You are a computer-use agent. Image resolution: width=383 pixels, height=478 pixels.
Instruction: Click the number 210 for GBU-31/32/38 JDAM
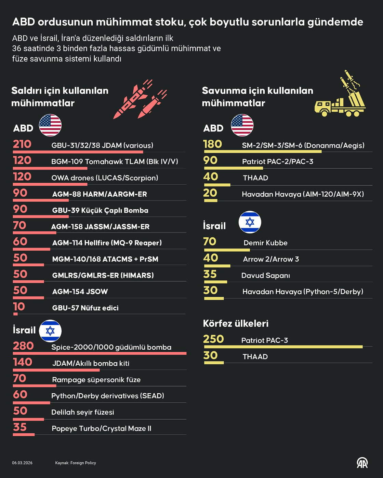[22, 144]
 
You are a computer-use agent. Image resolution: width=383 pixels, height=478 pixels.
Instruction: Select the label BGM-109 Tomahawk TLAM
[115, 161]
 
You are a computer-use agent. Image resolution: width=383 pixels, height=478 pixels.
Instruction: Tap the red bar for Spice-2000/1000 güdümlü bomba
[100, 353]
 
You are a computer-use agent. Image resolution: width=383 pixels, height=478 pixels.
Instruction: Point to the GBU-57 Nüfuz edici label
[85, 308]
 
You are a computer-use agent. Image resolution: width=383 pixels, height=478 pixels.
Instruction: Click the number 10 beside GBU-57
[19, 307]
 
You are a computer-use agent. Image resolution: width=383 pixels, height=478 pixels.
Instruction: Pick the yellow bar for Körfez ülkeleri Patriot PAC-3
[283, 347]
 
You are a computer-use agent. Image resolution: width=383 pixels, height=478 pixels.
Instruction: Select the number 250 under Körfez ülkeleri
[213, 339]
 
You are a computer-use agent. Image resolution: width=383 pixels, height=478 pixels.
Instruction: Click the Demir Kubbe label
[265, 243]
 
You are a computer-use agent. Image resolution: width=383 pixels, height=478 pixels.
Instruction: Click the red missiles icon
[140, 99]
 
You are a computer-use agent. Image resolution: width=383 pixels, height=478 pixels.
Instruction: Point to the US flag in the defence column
[242, 125]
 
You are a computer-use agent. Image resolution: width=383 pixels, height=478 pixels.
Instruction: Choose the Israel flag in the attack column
[50, 331]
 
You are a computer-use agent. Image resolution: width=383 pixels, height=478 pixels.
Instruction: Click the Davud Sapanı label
[265, 276]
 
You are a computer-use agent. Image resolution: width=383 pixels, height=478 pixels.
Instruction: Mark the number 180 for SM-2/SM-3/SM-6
[213, 144]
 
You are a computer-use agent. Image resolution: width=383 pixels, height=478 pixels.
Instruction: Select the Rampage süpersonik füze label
[96, 380]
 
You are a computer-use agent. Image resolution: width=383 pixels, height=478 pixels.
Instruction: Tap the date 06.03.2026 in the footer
[22, 463]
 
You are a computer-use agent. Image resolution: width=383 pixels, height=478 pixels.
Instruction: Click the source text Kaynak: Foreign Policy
[76, 463]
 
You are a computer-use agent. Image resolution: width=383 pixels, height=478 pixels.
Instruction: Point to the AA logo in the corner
[362, 463]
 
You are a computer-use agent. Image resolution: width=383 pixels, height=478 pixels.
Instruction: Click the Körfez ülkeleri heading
[236, 323]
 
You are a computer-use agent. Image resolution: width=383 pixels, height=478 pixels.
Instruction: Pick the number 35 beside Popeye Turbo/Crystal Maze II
[20, 427]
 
